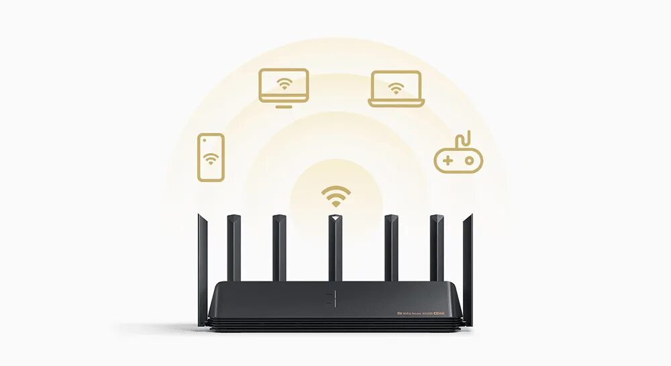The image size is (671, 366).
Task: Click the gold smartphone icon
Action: [211, 157]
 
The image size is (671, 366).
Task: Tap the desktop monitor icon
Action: [284, 88]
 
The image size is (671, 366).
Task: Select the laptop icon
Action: [397, 89]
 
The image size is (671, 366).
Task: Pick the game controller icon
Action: [458, 158]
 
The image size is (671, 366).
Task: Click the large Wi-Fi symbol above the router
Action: [335, 196]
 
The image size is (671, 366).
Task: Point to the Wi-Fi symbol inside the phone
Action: [211, 159]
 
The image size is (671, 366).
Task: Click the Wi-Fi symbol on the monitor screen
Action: [285, 84]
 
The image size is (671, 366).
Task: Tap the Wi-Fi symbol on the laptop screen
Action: [397, 87]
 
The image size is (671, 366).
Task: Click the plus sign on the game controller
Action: [447, 161]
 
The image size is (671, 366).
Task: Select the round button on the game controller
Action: [468, 161]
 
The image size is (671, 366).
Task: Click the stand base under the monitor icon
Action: [284, 105]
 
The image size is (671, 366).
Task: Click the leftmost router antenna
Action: [202, 269]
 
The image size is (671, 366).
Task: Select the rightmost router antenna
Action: [468, 269]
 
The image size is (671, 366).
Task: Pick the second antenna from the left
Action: [234, 248]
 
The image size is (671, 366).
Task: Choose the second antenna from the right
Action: [437, 248]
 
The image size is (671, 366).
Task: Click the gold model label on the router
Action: [422, 312]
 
